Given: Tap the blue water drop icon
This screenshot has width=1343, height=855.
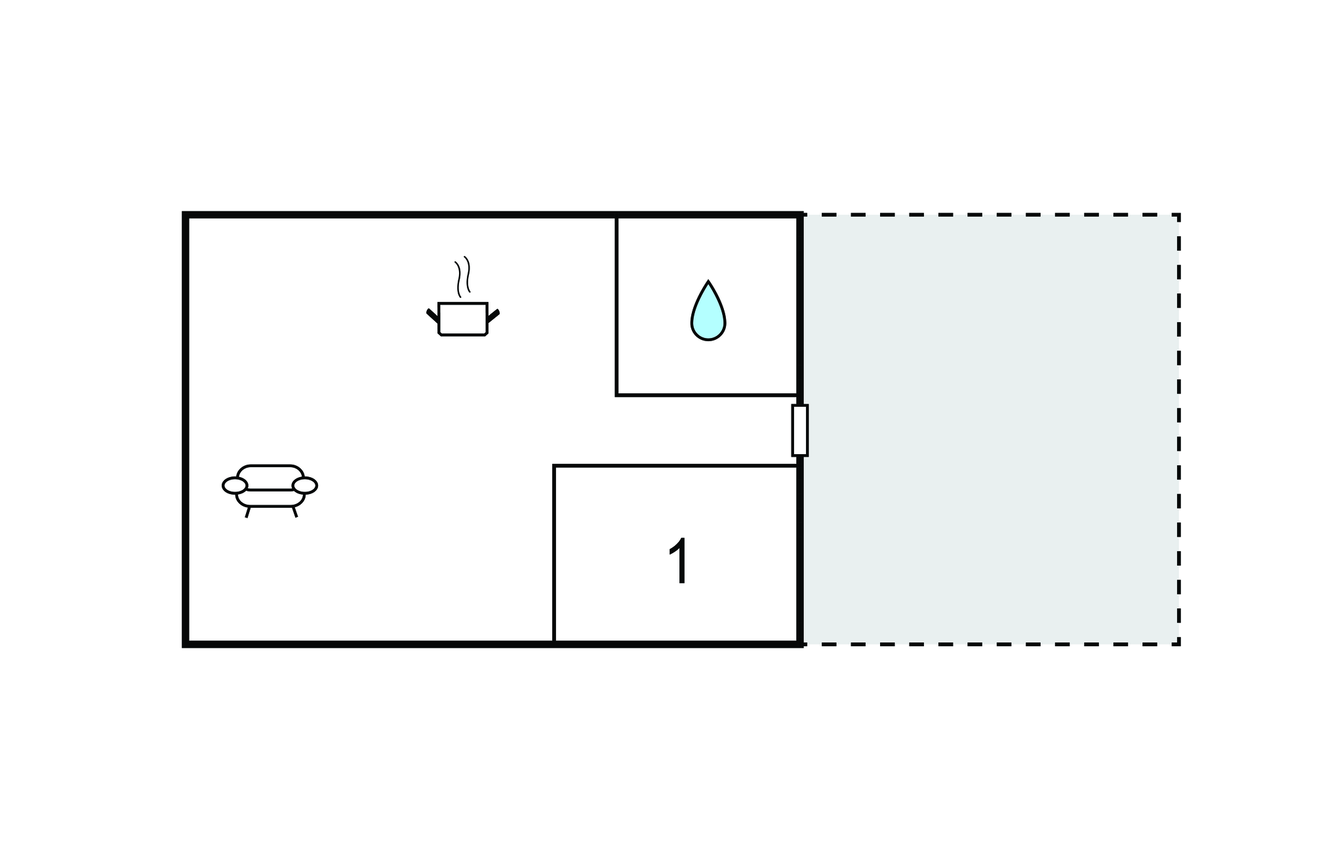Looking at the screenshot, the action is coord(708,311).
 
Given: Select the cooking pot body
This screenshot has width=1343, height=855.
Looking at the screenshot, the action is coord(463,319).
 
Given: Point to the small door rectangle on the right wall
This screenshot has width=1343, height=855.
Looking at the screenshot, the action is coord(800,430).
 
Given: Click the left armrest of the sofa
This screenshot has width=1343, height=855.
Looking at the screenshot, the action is coord(235,486).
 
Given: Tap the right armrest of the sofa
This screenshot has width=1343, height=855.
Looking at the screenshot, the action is coord(305,486).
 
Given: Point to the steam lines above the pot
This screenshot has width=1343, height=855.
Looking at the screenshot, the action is coord(463,276).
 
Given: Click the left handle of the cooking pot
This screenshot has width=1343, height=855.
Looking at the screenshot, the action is coord(433,316).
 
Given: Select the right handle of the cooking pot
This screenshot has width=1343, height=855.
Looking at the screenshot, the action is coord(493,316).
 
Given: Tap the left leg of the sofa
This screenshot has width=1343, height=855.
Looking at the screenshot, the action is coord(248,512).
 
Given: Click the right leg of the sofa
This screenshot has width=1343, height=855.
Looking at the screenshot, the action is coord(295,512).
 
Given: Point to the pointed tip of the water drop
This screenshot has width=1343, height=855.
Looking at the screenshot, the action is coord(708,282).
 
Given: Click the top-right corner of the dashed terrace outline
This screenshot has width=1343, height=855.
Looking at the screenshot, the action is coord(1179,215).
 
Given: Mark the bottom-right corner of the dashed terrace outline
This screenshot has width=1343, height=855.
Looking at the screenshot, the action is coord(1179,644).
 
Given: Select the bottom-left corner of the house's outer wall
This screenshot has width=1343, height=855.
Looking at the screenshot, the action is coord(186,644).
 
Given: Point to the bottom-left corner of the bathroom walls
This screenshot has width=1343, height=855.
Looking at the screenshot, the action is coord(617,395).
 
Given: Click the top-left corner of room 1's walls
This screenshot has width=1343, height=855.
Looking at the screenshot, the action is coord(554,466).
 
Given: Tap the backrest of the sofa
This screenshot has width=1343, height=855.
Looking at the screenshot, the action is coord(270,476).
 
